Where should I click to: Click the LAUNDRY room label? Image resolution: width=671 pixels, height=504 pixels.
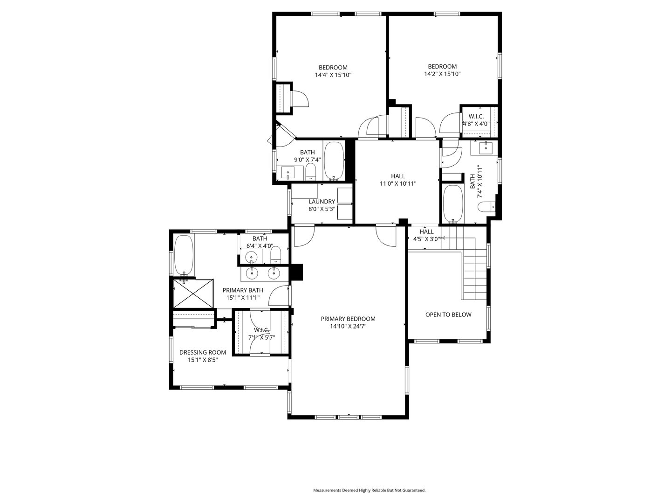tap(322, 202)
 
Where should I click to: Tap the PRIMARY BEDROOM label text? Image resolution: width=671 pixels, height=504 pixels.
tap(348, 319)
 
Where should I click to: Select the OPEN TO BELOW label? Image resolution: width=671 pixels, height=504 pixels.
tap(448, 315)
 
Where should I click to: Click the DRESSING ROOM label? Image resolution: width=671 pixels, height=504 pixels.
tap(203, 352)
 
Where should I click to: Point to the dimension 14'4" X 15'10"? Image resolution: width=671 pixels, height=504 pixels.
tap(333, 75)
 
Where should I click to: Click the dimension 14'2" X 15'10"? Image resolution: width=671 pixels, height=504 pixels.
tap(442, 74)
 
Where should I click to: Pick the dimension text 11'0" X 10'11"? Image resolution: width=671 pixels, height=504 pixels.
tap(397, 183)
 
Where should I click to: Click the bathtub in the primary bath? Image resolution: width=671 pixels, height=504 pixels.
tap(184, 255)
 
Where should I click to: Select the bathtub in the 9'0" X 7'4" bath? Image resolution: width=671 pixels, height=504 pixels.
tap(334, 161)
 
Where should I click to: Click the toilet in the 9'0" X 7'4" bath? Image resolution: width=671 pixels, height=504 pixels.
tap(311, 172)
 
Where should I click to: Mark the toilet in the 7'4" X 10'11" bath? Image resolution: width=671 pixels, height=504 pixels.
tap(487, 206)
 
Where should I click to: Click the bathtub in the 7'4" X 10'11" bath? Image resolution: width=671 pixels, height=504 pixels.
tap(452, 203)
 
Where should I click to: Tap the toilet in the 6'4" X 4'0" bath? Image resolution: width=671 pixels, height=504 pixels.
tap(276, 254)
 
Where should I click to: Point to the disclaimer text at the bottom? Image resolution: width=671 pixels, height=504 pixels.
tap(369, 490)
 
